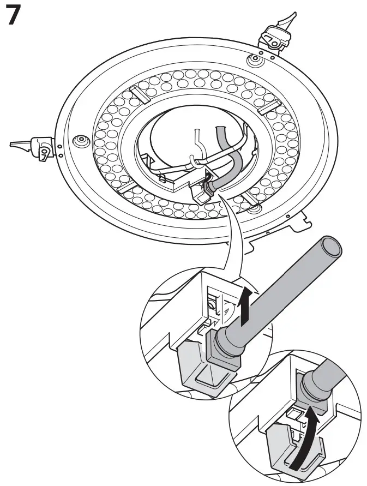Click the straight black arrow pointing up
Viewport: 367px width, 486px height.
245,305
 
